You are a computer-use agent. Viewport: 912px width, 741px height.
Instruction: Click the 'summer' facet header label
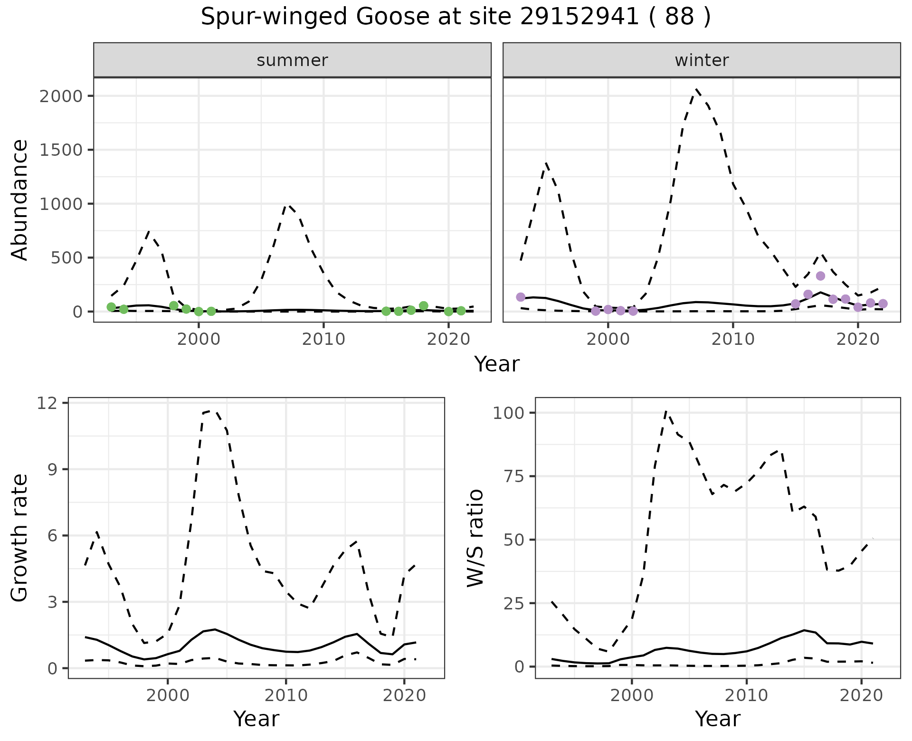coord(292,60)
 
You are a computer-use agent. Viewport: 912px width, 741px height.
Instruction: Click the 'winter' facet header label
coord(702,60)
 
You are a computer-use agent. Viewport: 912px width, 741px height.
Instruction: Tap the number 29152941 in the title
coord(579,17)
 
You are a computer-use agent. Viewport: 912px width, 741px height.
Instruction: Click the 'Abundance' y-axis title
coord(19,199)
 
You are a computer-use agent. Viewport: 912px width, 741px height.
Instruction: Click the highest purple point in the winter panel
coord(820,276)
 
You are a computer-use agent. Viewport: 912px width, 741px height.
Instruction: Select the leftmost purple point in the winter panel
coord(521,297)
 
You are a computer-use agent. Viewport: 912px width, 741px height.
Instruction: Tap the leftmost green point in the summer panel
coord(111,307)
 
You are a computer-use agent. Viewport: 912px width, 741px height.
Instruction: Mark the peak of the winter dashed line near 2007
coord(696,89)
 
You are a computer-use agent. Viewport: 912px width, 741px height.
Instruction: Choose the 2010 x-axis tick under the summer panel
coord(323,340)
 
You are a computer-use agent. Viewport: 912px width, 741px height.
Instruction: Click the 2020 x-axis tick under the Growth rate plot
coord(404,696)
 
